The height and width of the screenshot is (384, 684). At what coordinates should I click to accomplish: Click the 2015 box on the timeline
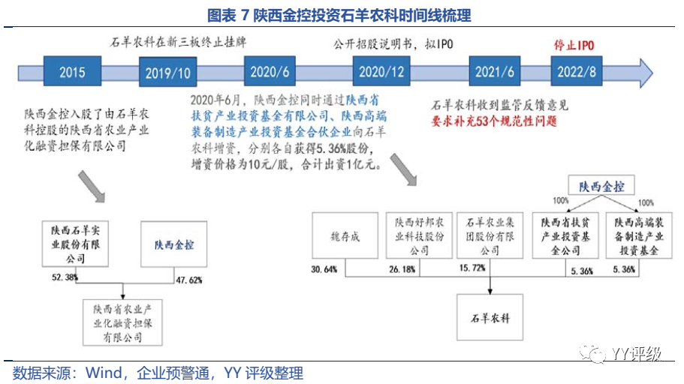(71, 73)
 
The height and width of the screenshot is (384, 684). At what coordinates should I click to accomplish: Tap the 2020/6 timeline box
(270, 72)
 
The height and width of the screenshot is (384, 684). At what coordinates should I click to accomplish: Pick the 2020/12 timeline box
(382, 72)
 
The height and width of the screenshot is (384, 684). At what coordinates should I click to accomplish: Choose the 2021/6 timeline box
(495, 72)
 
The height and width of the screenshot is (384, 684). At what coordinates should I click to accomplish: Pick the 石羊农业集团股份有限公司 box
(490, 236)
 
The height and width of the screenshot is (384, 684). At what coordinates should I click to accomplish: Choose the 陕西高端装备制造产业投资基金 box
(636, 236)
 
